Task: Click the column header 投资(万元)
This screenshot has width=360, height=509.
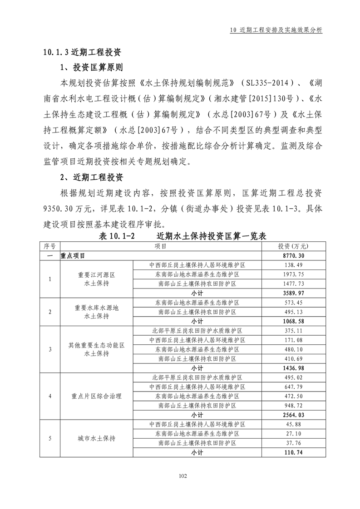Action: [x=293, y=246]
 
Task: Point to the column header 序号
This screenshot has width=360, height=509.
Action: [x=49, y=246]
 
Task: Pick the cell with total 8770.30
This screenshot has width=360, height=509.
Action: [x=293, y=256]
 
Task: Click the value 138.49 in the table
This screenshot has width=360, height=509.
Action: [x=293, y=265]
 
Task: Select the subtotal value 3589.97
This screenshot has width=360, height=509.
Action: [x=293, y=293]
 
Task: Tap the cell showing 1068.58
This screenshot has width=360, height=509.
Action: [x=293, y=321]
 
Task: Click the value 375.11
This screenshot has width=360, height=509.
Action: [x=293, y=331]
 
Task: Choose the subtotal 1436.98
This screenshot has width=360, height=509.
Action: [x=293, y=368]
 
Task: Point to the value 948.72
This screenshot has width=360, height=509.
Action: [x=293, y=405]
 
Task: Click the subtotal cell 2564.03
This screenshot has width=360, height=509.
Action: [x=293, y=415]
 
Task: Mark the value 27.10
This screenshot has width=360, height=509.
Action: [x=293, y=434]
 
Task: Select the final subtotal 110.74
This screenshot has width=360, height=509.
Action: [x=293, y=452]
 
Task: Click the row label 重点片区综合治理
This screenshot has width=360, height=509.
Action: [x=96, y=396]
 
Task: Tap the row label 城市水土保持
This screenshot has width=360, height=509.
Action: [x=96, y=438]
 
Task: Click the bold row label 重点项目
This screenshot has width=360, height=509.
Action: [x=72, y=256]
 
